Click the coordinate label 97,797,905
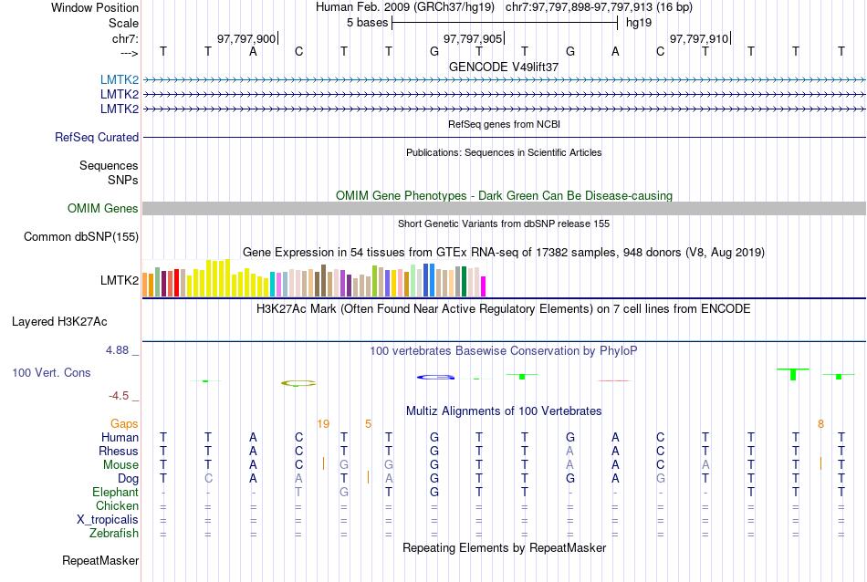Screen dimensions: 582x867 tap(472, 38)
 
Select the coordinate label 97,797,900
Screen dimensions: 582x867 tap(245, 38)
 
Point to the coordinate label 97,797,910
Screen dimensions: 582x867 tap(699, 38)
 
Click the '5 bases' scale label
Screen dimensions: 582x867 tap(367, 23)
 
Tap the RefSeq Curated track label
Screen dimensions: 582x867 tap(97, 137)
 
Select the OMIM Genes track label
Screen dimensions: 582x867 tap(102, 209)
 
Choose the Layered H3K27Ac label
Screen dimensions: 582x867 tap(59, 321)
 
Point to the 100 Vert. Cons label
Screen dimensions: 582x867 tap(51, 373)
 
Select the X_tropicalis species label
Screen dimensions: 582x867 tap(108, 519)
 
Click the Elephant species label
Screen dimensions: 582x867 tap(115, 492)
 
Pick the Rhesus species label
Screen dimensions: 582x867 tap(119, 451)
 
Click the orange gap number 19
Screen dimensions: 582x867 tap(322, 423)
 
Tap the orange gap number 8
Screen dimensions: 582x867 tap(820, 423)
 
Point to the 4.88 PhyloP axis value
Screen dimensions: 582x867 tap(120, 350)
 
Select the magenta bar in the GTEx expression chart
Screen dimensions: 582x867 tap(484, 286)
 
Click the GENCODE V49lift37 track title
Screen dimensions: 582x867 tap(504, 67)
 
